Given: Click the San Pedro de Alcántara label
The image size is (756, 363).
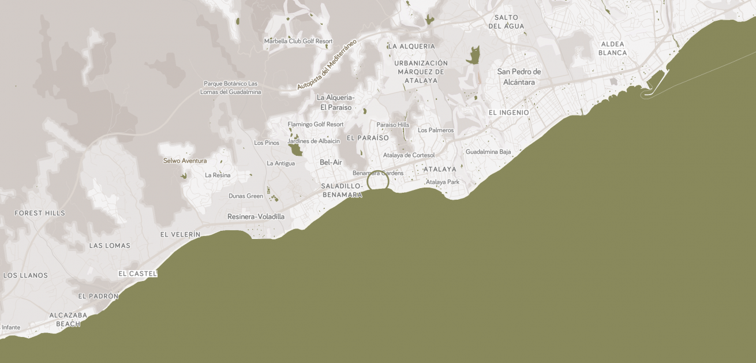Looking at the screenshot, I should [519, 77].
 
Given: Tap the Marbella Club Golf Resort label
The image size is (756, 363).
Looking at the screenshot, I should [298, 41].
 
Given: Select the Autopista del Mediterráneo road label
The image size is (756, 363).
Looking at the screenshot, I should [327, 64].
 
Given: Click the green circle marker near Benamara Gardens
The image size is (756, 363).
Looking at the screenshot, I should [378, 181].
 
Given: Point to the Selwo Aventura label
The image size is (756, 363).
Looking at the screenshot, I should [185, 160].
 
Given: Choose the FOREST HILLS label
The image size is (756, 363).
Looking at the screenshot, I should [40, 213].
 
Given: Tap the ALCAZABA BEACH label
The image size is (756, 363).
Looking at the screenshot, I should [68, 319].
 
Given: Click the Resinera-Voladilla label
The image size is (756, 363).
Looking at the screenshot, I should [256, 216].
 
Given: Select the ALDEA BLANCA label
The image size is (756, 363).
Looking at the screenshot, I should [612, 48].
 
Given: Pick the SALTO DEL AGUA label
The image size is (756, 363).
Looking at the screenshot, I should [506, 22].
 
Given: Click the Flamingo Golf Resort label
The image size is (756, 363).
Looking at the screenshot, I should [316, 124].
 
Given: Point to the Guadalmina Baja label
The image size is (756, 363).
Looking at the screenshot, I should [488, 152].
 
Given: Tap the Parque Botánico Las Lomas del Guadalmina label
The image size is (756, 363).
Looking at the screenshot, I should [230, 88].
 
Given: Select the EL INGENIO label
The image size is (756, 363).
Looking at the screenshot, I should [508, 113].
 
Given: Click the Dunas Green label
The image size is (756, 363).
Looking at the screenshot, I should [246, 196].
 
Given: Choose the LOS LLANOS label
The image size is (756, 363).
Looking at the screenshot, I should [25, 275].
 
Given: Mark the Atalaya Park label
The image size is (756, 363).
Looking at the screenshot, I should [443, 182].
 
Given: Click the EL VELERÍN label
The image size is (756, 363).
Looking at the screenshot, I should [180, 234].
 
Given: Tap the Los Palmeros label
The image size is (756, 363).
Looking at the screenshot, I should [436, 130].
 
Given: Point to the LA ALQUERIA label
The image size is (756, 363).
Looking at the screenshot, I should [411, 46].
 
